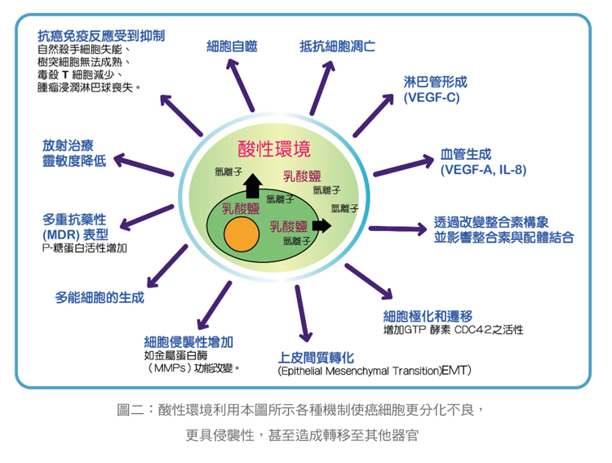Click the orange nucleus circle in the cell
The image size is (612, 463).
point(242,234)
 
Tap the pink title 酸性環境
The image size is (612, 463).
point(274,149)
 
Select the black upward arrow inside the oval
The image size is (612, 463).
point(253,185)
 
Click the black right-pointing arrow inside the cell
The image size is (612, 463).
point(322,225)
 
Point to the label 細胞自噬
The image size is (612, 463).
point(232,47)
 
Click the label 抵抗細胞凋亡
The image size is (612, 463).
point(337,47)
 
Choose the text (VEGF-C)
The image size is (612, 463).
point(432,97)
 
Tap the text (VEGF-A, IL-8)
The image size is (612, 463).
point(483,170)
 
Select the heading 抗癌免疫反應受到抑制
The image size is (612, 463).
point(101,36)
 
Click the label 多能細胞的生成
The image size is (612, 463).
point(100,298)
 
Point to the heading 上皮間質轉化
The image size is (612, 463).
point(316,357)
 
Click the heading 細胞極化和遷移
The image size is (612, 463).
point(428,316)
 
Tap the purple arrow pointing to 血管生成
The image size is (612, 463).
point(404,166)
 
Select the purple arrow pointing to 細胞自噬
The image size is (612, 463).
point(240,85)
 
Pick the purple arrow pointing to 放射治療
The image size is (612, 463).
point(144,164)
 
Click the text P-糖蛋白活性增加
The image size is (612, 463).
point(84,247)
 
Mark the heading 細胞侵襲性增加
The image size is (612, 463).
point(188,342)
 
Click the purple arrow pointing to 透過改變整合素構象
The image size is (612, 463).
point(398,229)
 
